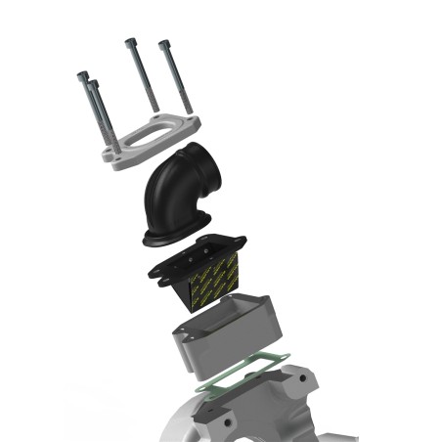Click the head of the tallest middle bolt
130,42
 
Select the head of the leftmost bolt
83,74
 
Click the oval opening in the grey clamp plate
147,137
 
